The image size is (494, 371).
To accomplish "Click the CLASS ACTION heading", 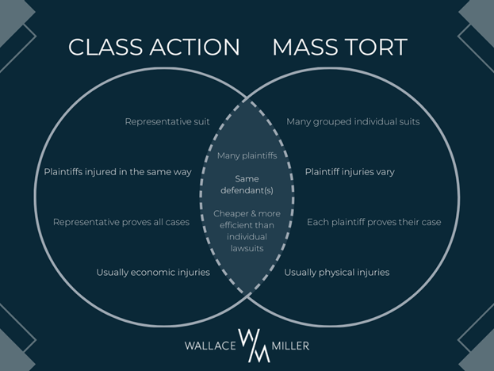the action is (x=154, y=48).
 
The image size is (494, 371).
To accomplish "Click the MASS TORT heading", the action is (x=340, y=48).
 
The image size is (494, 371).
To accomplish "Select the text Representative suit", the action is (x=167, y=122).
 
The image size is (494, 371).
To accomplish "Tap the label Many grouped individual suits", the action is (x=353, y=122).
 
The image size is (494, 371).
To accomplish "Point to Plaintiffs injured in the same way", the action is (x=117, y=172).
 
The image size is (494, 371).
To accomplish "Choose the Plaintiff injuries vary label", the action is (x=350, y=172).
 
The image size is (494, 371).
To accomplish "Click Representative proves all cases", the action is (x=121, y=222).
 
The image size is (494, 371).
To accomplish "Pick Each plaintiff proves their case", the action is (x=374, y=222).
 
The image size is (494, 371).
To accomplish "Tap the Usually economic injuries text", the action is (x=153, y=273).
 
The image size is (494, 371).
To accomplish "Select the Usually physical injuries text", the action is (x=337, y=273).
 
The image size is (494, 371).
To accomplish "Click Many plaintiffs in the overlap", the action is (x=247, y=156).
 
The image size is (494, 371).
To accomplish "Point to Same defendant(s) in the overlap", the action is (x=247, y=185).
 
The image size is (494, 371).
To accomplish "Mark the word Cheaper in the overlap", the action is (x=227, y=214).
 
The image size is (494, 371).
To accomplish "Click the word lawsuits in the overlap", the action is (x=247, y=248).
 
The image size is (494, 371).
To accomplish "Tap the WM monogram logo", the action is (x=254, y=346).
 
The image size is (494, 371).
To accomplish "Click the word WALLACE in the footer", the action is (x=210, y=346).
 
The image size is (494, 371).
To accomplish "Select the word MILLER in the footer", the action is (x=290, y=346).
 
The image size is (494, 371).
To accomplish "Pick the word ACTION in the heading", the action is (x=195, y=48).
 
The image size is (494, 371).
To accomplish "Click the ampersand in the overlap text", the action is (x=247, y=214).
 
